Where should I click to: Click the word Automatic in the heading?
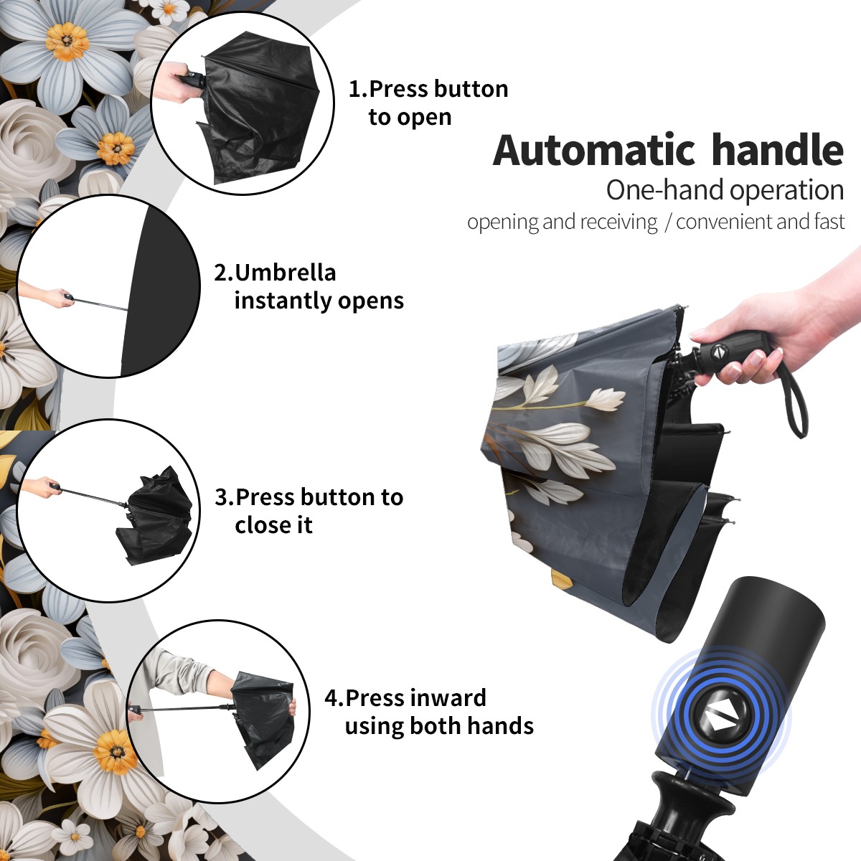(x=594, y=151)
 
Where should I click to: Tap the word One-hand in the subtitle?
(x=666, y=190)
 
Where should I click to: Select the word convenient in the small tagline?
(x=723, y=222)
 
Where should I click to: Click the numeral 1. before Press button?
(x=357, y=89)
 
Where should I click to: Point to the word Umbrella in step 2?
(x=285, y=273)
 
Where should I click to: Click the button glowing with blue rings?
(x=720, y=720)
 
